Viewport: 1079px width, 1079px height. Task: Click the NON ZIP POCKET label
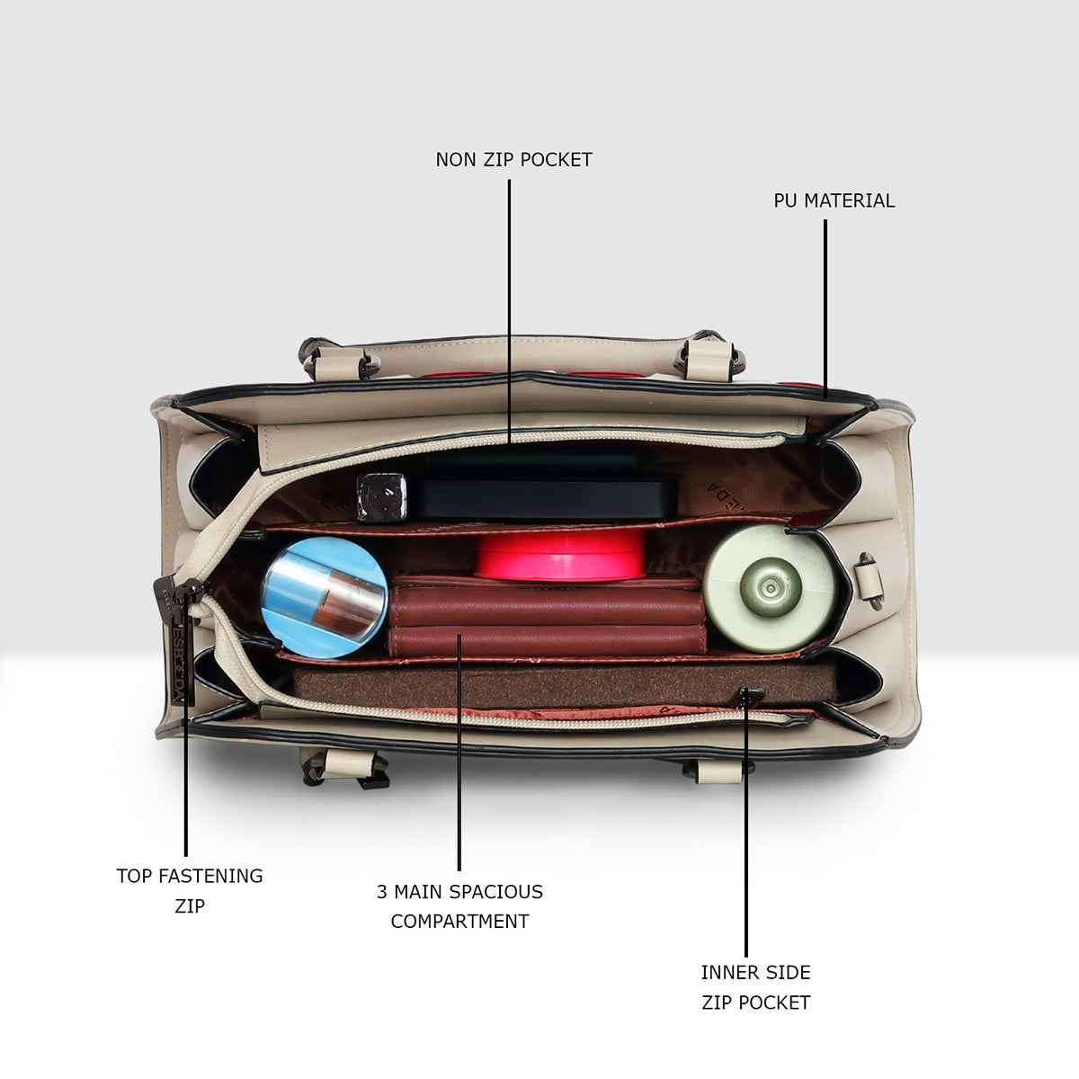point(513,160)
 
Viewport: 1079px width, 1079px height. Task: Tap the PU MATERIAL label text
point(834,201)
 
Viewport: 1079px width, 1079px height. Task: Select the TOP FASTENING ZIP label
point(189,890)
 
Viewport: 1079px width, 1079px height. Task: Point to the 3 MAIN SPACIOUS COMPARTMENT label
point(459,906)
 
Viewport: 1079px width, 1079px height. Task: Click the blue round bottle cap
point(325,597)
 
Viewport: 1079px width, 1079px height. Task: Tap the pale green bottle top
point(770,588)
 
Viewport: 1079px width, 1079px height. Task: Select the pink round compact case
point(560,555)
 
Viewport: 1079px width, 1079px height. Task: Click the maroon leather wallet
point(546,616)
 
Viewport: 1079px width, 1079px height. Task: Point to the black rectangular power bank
point(542,498)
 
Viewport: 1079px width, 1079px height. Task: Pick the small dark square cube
point(382,497)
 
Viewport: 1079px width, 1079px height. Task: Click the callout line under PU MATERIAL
point(825,308)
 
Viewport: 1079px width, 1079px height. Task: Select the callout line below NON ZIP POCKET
point(509,315)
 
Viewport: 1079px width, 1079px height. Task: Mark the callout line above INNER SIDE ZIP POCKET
point(745,823)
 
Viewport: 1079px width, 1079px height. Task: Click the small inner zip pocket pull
point(750,696)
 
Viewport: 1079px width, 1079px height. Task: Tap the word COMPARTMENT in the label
point(459,921)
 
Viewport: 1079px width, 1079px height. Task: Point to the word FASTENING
point(210,876)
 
